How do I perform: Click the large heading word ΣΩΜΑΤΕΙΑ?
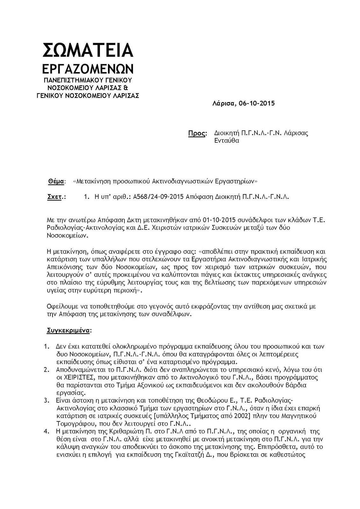coord(88,50)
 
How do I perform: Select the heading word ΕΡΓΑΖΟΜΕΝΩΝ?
coord(88,69)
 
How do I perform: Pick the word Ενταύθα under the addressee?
coord(227,141)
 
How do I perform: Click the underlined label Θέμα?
coord(55,181)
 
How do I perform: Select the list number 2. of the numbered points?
coord(46,370)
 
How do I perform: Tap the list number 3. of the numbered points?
coord(46,400)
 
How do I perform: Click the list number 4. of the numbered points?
coord(46,432)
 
